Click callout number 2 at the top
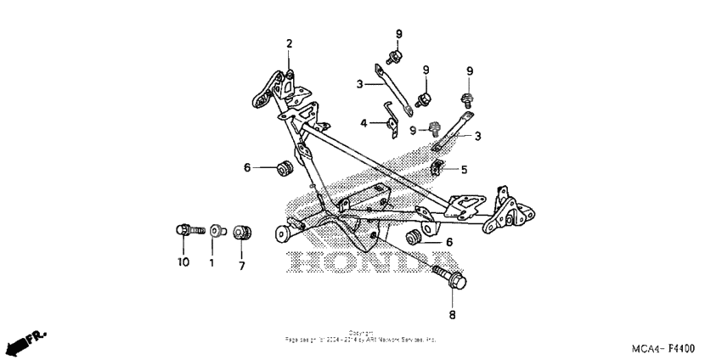point(289,44)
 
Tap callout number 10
point(183,262)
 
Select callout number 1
point(212,262)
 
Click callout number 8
point(452,315)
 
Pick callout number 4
point(364,123)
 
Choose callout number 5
point(464,169)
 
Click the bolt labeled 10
point(188,229)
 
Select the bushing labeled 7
point(241,230)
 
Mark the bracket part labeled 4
point(391,124)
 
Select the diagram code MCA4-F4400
point(663,349)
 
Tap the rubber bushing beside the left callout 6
point(285,167)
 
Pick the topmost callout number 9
point(398,34)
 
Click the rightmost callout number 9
point(469,70)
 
